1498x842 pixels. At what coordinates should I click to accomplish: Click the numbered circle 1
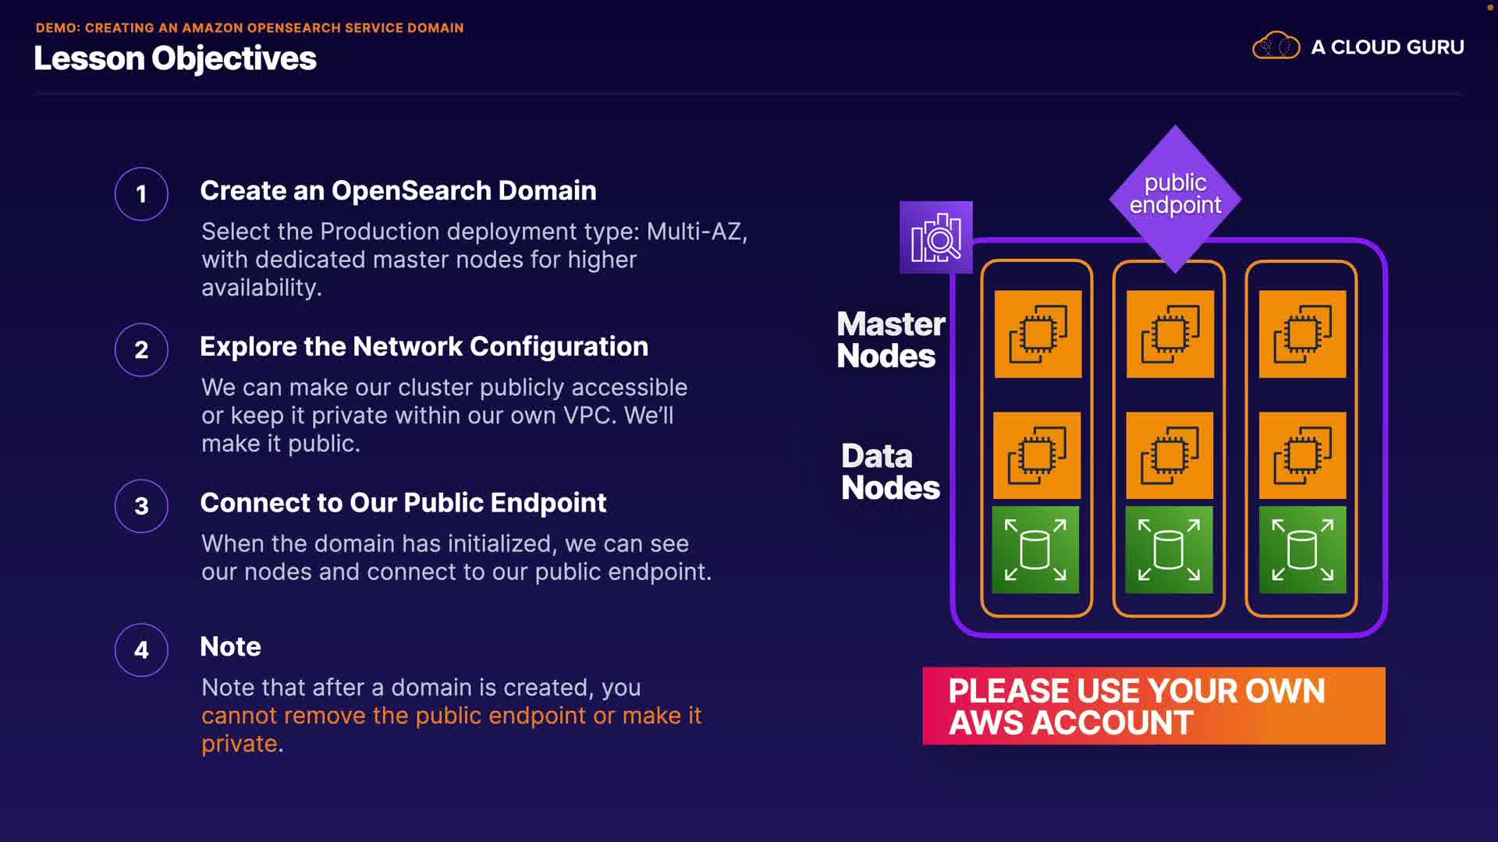141,194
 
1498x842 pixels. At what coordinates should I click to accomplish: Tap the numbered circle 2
141,350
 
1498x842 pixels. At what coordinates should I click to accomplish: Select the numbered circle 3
141,506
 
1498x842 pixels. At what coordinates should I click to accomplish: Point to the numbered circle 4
141,649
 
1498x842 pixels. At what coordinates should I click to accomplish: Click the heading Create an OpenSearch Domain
398,191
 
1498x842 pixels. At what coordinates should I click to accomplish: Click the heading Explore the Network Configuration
424,347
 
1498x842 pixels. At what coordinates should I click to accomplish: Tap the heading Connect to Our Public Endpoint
403,503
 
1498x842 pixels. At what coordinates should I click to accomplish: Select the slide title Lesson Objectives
175,58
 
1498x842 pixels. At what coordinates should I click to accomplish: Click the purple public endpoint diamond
1175,195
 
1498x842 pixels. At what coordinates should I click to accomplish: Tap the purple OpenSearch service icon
935,237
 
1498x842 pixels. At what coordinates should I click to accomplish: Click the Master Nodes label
890,339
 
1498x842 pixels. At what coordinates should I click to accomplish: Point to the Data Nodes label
890,472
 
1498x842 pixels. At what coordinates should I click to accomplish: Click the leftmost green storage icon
1035,550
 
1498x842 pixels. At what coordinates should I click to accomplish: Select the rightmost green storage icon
1302,550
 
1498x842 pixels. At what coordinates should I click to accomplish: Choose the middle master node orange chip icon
1170,334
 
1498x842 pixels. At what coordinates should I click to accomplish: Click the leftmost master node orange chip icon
1038,334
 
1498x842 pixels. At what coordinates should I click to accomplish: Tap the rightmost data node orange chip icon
1302,455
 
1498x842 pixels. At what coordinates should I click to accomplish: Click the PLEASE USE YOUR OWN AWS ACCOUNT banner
1153,706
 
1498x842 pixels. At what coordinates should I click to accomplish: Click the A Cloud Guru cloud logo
1276,47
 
